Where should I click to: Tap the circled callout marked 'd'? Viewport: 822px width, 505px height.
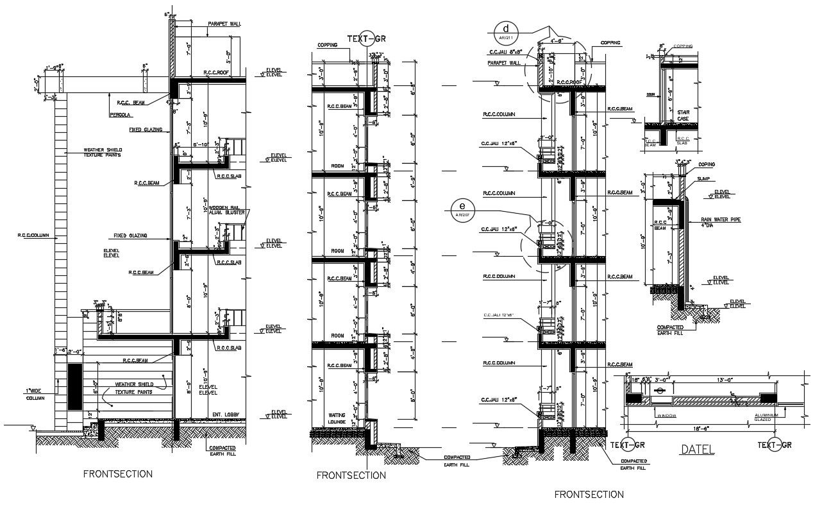(x=506, y=31)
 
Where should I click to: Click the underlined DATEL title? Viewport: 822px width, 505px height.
(x=697, y=449)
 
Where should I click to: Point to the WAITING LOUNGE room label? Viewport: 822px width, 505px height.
(x=337, y=418)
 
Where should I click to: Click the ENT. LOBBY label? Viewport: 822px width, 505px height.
(x=226, y=415)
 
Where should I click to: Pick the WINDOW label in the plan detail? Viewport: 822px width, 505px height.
(x=666, y=415)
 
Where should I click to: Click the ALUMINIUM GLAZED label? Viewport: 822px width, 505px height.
(x=766, y=417)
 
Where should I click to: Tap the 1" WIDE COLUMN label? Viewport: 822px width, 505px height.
(x=35, y=394)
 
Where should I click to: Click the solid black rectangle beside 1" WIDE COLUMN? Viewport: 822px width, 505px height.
(x=74, y=386)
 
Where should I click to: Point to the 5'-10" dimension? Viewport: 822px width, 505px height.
(x=200, y=144)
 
